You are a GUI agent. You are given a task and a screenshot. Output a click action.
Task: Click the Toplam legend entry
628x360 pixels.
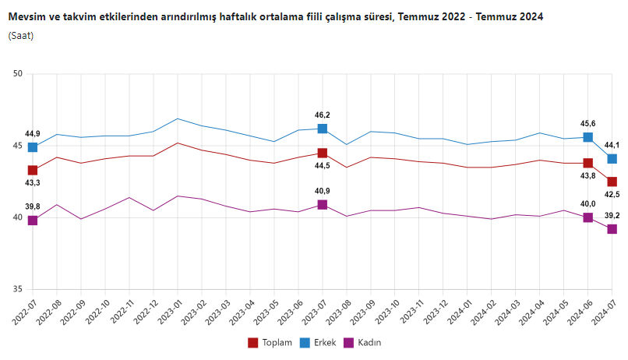270,342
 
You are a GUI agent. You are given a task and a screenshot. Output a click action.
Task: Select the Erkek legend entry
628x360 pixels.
321,342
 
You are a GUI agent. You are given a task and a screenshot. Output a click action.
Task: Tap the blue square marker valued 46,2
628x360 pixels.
323,129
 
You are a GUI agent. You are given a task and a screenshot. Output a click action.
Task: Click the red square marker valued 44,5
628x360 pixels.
323,153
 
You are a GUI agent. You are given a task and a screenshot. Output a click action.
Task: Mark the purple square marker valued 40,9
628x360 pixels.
323,204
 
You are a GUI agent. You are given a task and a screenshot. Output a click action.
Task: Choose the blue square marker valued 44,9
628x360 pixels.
33,147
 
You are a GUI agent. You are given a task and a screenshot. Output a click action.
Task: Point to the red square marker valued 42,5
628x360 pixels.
612,182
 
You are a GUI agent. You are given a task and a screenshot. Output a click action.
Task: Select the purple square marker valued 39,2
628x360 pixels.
612,229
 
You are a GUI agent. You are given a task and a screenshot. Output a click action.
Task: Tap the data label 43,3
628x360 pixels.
33,182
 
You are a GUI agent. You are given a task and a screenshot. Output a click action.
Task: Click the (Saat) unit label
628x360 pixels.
21,35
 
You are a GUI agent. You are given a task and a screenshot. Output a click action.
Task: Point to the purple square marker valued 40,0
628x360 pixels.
588,217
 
